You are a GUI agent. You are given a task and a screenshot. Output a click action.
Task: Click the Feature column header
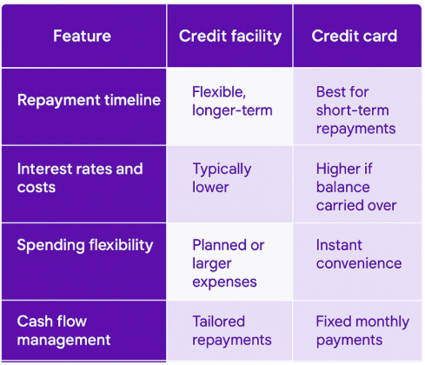pyautogui.click(x=82, y=36)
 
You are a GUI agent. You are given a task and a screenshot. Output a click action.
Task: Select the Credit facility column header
pyautogui.click(x=230, y=36)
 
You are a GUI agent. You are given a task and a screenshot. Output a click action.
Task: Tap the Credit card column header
pyautogui.click(x=355, y=36)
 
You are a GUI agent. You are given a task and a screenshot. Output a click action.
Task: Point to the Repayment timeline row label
pyautogui.click(x=89, y=101)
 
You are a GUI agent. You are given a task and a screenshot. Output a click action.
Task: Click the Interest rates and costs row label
pyautogui.click(x=80, y=178)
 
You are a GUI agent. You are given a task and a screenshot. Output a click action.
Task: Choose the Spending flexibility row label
pyautogui.click(x=85, y=246)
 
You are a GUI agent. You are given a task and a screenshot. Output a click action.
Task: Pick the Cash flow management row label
pyautogui.click(x=63, y=330)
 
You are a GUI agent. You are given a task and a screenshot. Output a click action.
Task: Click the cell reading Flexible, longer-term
pyautogui.click(x=232, y=101)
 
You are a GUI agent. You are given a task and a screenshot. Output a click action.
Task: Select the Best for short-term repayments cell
pyautogui.click(x=355, y=110)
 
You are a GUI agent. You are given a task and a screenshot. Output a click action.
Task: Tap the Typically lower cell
pyautogui.click(x=222, y=178)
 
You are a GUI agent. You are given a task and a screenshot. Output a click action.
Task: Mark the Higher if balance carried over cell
pyautogui.click(x=356, y=187)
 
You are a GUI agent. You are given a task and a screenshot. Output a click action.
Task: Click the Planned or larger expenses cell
pyautogui.click(x=229, y=263)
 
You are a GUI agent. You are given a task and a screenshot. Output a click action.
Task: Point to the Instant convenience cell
pyautogui.click(x=359, y=254)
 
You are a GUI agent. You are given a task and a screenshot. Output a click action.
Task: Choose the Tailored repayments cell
pyautogui.click(x=232, y=330)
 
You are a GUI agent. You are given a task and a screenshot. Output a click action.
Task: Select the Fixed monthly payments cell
pyautogui.click(x=362, y=330)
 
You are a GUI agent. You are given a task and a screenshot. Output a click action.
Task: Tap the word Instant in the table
pyautogui.click(x=339, y=245)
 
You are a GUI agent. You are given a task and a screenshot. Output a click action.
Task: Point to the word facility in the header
pyautogui.click(x=256, y=36)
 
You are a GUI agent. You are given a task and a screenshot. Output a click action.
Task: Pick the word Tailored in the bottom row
pyautogui.click(x=219, y=322)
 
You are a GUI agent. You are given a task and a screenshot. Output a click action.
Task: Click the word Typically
pyautogui.click(x=222, y=169)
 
